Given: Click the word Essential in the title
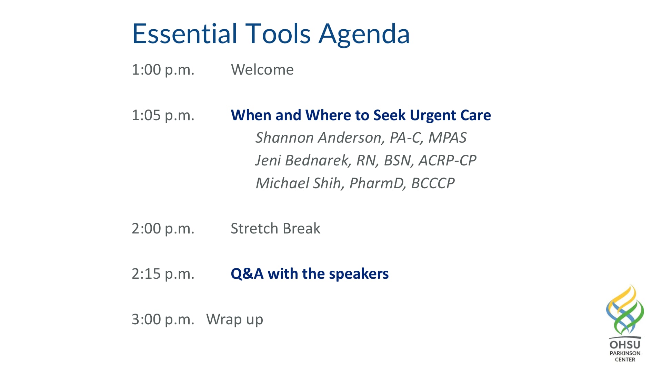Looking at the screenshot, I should click(184, 34).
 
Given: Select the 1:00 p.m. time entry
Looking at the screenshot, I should click(163, 70).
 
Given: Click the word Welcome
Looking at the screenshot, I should click(262, 70).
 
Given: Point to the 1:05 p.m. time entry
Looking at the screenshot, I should click(163, 115).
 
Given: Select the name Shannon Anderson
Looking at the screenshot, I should click(319, 138).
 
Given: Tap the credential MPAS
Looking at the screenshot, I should click(447, 138).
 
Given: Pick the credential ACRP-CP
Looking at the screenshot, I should click(447, 161).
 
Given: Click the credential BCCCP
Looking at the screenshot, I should click(433, 183).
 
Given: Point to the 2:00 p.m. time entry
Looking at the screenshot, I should click(163, 229).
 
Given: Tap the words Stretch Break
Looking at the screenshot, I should click(275, 229).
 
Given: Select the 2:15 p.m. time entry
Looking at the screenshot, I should click(163, 274).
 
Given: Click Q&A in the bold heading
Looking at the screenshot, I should click(247, 274).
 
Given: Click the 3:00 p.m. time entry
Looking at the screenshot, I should click(163, 319).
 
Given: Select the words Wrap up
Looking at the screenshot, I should click(234, 320).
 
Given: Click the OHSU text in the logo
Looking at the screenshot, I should click(625, 345).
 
